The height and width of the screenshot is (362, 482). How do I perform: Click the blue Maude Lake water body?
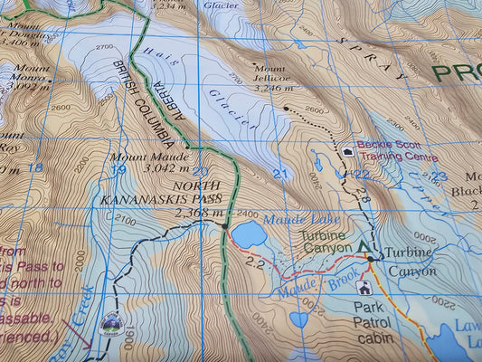click(249, 235)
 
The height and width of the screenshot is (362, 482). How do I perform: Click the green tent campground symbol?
click(365, 245)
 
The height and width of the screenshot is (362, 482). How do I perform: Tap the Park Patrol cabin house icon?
click(364, 289)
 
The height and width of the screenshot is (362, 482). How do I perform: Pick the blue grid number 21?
click(280, 174)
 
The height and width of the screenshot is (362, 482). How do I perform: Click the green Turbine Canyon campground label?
click(327, 242)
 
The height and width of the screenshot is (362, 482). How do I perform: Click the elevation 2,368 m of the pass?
click(200, 214)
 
